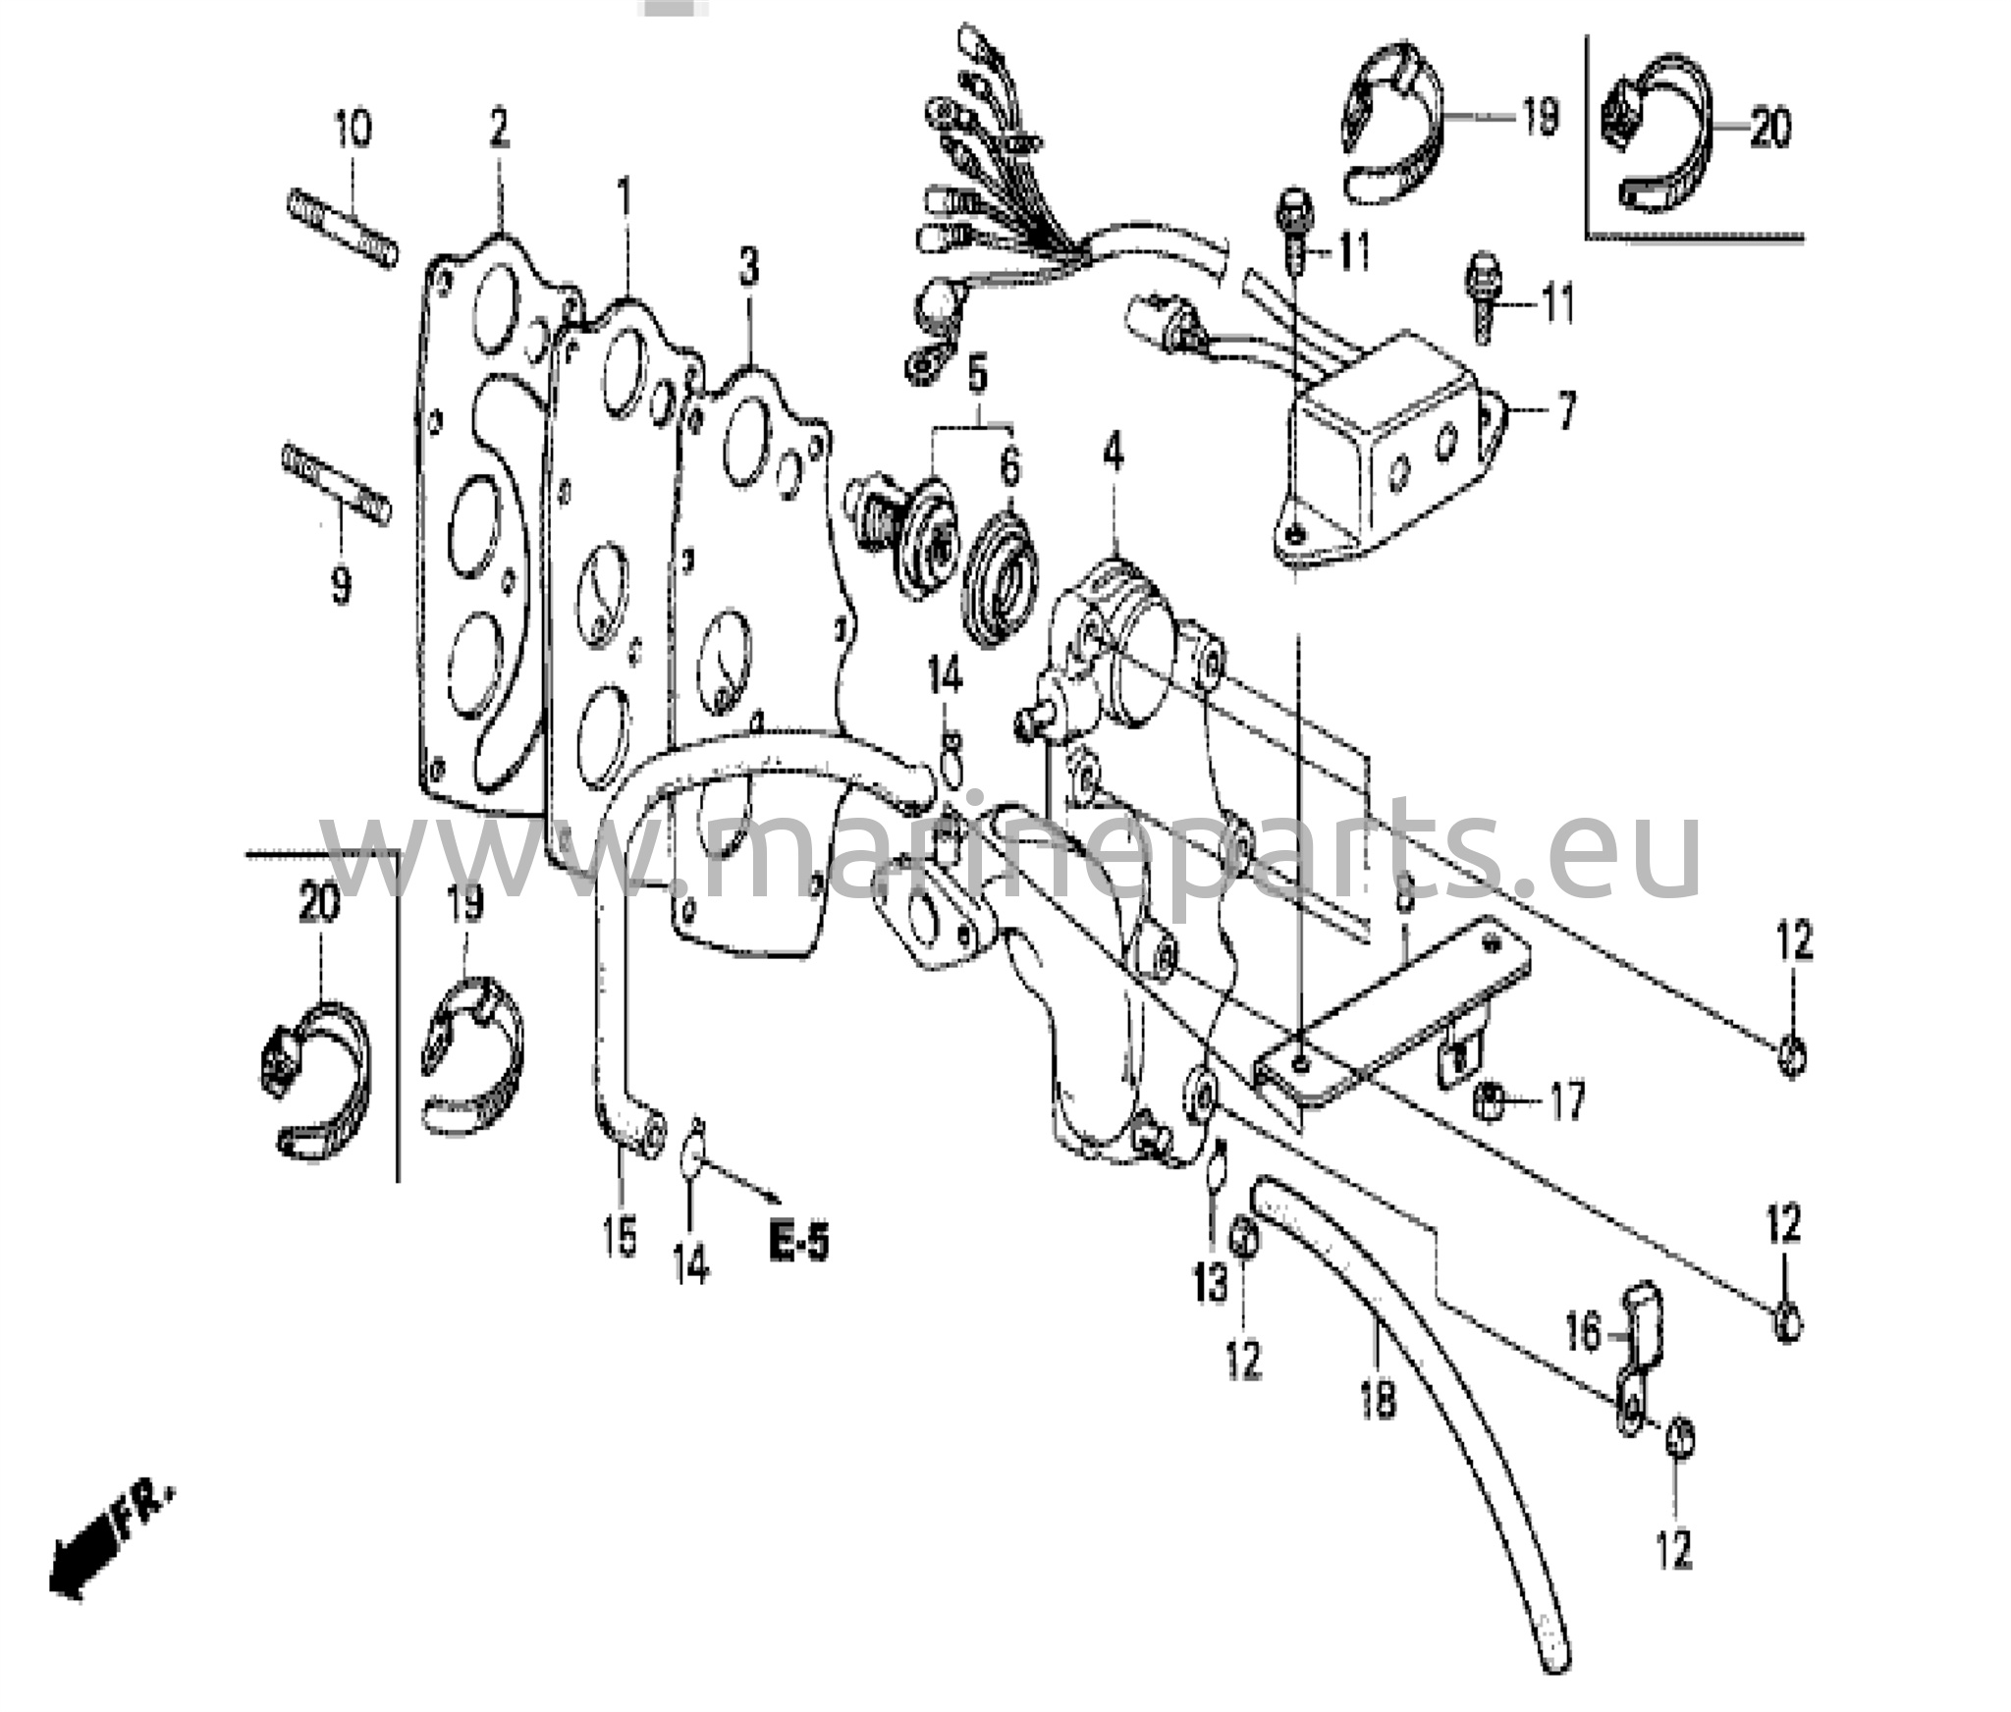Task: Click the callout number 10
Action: (353, 129)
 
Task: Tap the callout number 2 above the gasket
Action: (499, 128)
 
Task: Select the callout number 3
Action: (749, 266)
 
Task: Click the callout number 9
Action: (340, 585)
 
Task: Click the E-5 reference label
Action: (799, 1244)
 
